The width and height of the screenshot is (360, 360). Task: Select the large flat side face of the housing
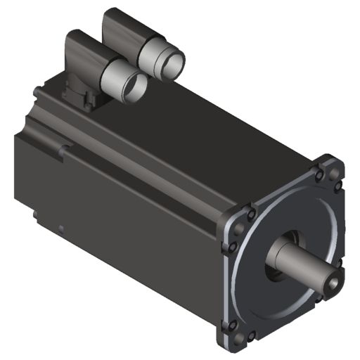coord(120,225)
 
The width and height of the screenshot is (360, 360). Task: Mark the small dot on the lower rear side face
coord(62,227)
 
